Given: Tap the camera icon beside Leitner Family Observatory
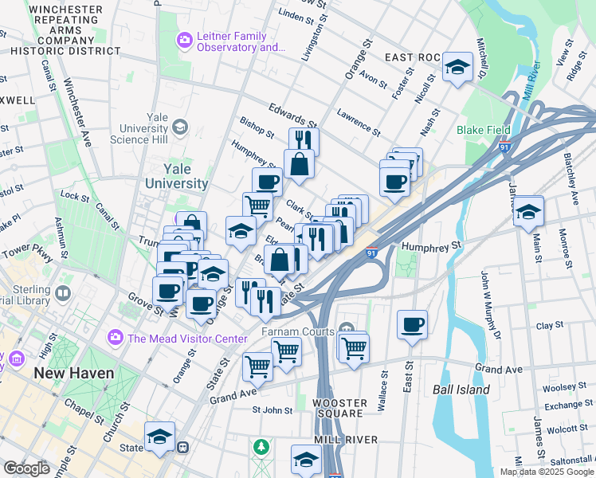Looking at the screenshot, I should click(185, 39).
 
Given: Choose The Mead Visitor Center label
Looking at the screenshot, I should click(187, 339).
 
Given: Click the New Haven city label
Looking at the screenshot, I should click(73, 373).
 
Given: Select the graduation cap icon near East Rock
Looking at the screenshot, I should click(457, 67).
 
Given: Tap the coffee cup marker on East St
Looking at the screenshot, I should click(412, 324).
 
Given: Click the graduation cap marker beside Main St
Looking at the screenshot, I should click(528, 212).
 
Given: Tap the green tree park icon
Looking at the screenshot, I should click(261, 448).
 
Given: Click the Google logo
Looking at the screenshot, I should click(26, 468).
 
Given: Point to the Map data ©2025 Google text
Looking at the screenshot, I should click(547, 472).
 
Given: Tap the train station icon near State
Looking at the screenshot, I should click(183, 448).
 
